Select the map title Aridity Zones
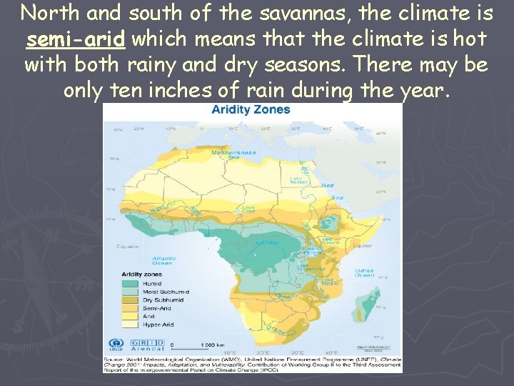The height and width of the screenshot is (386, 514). pos(251,109)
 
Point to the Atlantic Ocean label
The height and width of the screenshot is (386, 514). pos(163,260)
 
